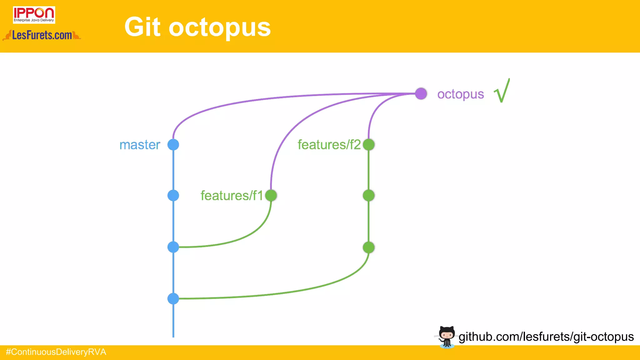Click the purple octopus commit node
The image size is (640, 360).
[x=421, y=93]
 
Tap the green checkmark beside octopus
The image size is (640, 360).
[x=502, y=91]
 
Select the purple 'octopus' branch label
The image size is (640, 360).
[x=460, y=94]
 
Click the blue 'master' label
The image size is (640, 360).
[x=140, y=145]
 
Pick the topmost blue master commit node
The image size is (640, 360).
[x=173, y=144]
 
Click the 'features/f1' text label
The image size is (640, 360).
[x=232, y=196]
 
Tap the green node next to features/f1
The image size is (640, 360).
[x=271, y=195]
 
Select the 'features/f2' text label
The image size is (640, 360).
[x=329, y=145]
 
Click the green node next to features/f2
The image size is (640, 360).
[x=369, y=144]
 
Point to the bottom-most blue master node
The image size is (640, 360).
[x=173, y=298]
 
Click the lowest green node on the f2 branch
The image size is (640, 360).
[x=369, y=247]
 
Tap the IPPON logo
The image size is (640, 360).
[x=34, y=15]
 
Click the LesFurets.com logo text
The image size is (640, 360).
[x=42, y=35]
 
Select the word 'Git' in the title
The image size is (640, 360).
[x=142, y=27]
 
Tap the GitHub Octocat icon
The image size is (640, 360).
[x=446, y=337]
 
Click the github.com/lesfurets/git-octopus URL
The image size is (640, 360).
[x=546, y=337]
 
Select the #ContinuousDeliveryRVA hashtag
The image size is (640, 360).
[x=56, y=352]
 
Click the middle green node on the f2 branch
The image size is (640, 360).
[x=369, y=195]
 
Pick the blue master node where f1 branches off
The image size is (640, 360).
[x=173, y=247]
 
